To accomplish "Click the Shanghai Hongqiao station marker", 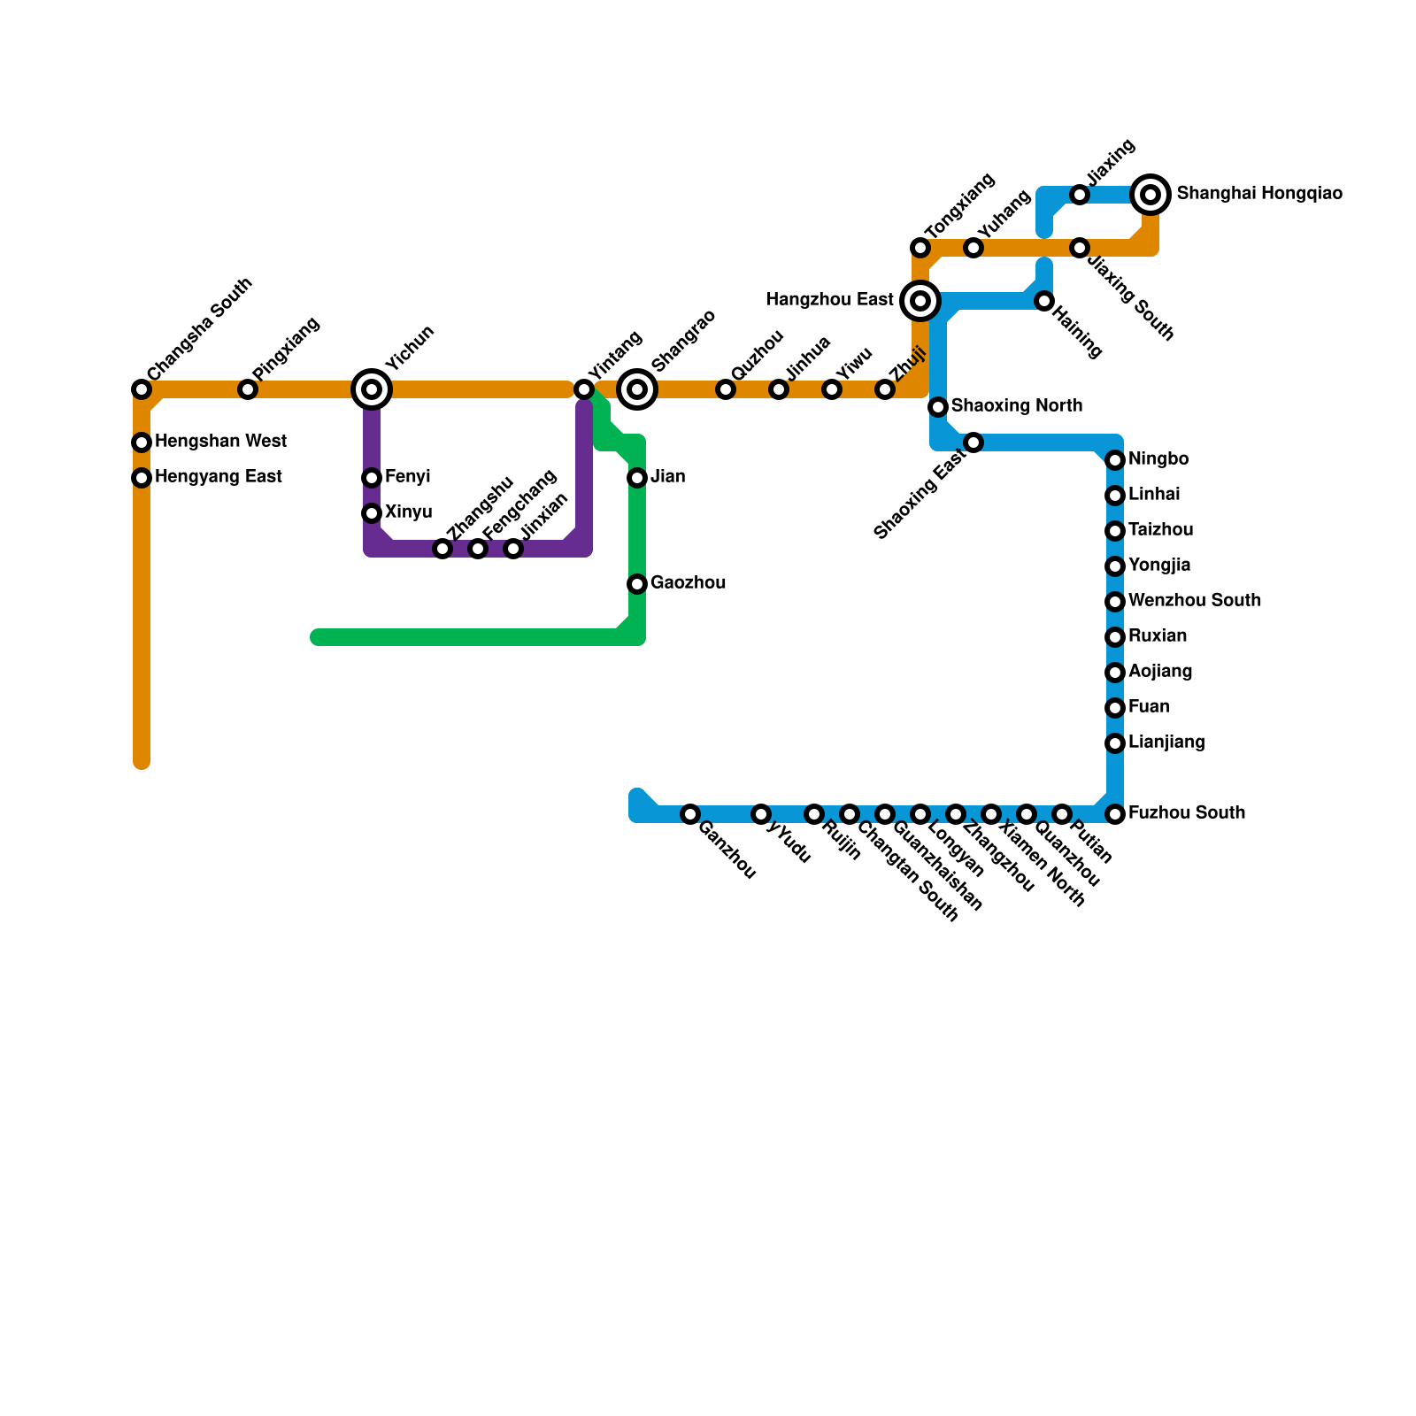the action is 1150,195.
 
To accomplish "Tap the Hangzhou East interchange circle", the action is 920,301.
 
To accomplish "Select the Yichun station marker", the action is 372,389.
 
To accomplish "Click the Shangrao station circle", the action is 637,389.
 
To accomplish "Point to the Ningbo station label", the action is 1158,459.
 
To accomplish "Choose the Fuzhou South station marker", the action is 1115,814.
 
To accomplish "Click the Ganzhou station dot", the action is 690,814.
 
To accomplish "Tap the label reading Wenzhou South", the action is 1195,601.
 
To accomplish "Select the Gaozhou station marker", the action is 637,584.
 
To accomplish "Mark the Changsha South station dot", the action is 142,389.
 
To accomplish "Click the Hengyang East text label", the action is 219,477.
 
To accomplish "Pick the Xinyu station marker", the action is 372,513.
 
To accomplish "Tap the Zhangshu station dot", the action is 442,549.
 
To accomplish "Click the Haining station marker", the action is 1044,301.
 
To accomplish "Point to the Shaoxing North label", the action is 1017,406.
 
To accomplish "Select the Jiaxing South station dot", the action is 1080,248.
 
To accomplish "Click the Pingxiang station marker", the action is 248,389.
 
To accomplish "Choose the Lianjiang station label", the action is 1166,743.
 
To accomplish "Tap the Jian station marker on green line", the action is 637,478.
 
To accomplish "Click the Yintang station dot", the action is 584,389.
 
